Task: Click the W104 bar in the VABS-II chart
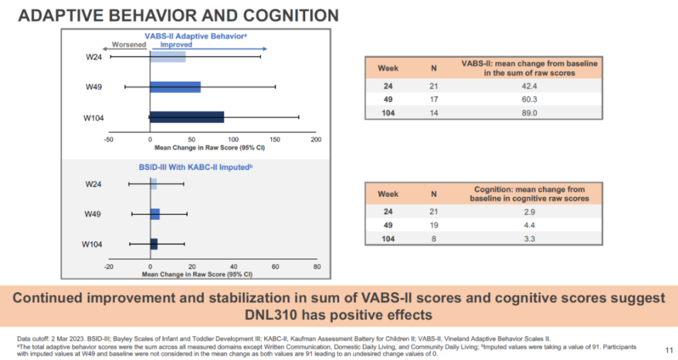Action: (186, 117)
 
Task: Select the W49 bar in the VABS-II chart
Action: (175, 87)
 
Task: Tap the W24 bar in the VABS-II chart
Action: (168, 56)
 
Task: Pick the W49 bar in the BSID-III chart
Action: (155, 214)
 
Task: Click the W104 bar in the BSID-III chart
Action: (154, 244)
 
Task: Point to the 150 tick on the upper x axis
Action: (275, 140)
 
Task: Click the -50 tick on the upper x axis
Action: (109, 140)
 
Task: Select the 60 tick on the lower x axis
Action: (275, 267)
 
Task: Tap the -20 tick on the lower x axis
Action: (109, 267)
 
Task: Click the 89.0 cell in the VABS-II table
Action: (529, 113)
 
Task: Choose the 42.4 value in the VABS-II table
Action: (529, 86)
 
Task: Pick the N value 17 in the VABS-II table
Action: (434, 100)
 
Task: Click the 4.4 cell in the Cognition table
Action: (529, 225)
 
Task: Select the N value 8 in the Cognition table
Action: (434, 239)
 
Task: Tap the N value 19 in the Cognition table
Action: (434, 225)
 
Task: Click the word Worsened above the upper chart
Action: (129, 44)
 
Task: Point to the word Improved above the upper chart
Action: (176, 44)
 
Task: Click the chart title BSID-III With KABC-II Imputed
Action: (195, 167)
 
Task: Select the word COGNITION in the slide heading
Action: (290, 16)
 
